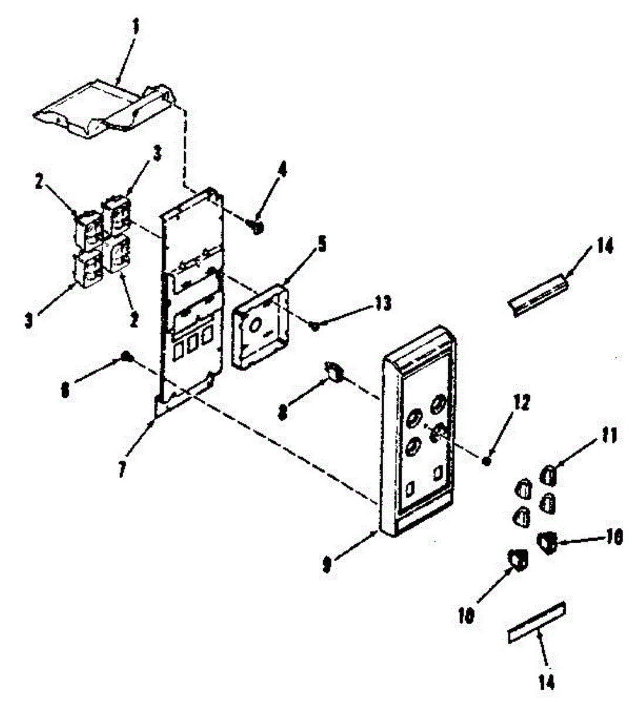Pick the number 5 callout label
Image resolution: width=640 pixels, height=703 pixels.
pos(321,244)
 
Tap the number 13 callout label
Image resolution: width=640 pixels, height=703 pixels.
pos(383,305)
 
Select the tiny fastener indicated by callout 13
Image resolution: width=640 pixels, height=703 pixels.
pos(314,325)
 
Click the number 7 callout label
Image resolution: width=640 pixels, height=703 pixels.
pos(122,469)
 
